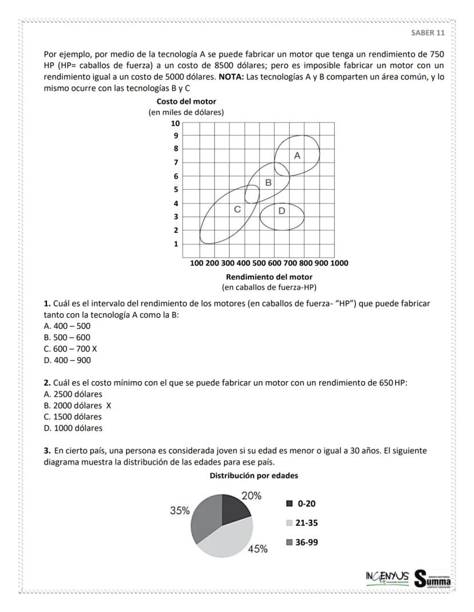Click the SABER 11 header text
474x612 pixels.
428,32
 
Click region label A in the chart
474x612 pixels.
297,155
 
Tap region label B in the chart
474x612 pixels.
268,182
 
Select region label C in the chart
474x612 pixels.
236,210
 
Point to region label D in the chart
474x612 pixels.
282,210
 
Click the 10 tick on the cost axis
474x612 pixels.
175,123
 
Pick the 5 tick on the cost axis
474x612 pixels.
176,190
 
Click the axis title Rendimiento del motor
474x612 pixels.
269,277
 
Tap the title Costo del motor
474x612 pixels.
186,102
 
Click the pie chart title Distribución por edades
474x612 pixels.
254,475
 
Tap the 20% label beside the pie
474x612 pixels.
251,496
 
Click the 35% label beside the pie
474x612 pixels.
180,510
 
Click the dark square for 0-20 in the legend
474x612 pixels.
289,503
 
